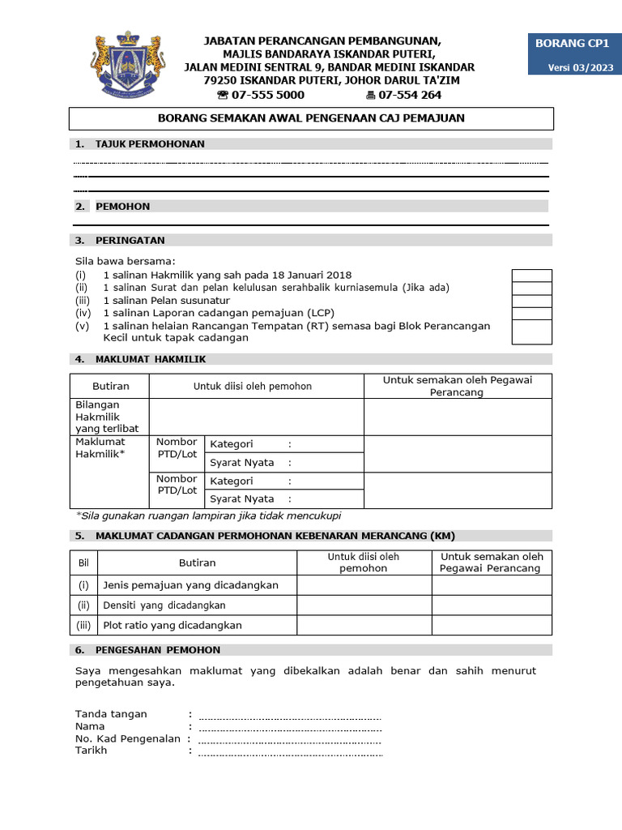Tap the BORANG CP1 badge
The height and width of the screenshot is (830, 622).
click(570, 44)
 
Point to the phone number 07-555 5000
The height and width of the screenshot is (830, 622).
click(261, 95)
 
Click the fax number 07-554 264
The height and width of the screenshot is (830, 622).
click(404, 95)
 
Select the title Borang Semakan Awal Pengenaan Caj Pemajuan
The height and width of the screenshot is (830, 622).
click(311, 118)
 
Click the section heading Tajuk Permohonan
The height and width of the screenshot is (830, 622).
click(150, 143)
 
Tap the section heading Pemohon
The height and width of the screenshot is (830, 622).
click(122, 206)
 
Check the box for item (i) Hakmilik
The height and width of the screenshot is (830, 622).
click(532, 276)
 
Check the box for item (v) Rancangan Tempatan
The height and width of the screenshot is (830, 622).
click(532, 332)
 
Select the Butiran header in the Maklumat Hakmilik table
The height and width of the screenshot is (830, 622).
click(110, 387)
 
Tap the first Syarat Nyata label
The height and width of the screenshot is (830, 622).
click(242, 463)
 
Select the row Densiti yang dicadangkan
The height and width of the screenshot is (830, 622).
click(164, 605)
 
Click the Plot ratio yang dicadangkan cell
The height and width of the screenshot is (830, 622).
click(173, 626)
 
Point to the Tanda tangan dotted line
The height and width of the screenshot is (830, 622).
click(289, 715)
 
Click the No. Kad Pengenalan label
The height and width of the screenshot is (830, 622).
click(129, 738)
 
